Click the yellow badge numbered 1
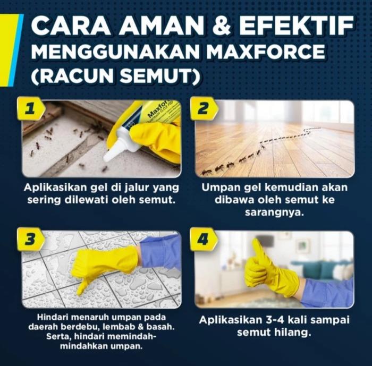click(x=31, y=108)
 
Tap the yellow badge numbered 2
click(x=204, y=108)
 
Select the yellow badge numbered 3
click(x=31, y=239)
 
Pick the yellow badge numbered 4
click(x=204, y=239)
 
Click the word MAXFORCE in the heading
click(x=266, y=51)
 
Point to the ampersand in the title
click(x=222, y=25)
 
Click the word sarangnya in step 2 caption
click(x=275, y=212)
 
